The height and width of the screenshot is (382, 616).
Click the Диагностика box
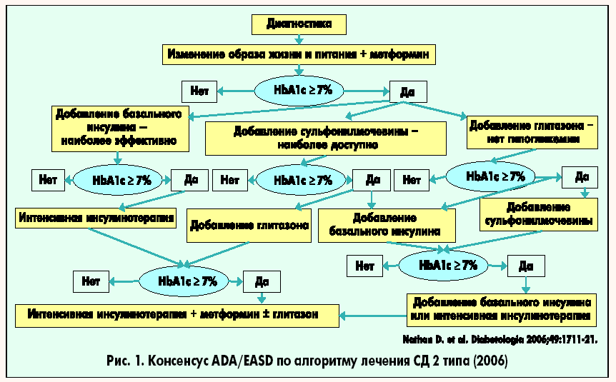click(x=299, y=24)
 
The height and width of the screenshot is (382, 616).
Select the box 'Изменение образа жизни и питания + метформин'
click(x=298, y=54)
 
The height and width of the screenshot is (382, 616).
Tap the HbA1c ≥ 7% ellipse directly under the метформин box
click(x=299, y=91)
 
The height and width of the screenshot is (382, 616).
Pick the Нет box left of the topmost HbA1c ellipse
click(x=200, y=91)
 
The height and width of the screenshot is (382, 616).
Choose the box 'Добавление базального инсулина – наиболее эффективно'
click(x=121, y=128)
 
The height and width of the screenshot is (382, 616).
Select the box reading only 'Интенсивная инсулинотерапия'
click(x=96, y=218)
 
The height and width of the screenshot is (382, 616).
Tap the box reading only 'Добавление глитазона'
click(x=249, y=226)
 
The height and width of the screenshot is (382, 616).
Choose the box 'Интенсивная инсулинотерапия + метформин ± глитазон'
click(x=177, y=313)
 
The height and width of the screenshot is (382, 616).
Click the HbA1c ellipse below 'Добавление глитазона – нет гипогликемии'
click(x=495, y=176)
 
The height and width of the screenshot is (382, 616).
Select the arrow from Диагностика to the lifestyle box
click(x=298, y=39)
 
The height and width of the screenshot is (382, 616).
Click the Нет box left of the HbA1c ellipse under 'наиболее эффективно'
click(x=49, y=180)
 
